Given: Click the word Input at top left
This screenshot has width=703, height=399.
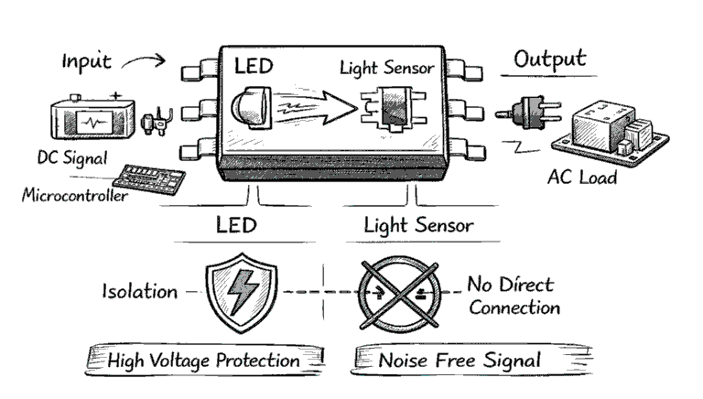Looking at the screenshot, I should (x=86, y=61).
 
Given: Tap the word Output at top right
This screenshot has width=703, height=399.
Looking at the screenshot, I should (x=549, y=59).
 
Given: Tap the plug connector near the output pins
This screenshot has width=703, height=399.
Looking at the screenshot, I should (x=517, y=116).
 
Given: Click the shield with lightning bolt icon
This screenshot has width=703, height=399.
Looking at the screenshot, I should (x=241, y=292).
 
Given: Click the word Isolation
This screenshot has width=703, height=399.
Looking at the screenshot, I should (x=140, y=292).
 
